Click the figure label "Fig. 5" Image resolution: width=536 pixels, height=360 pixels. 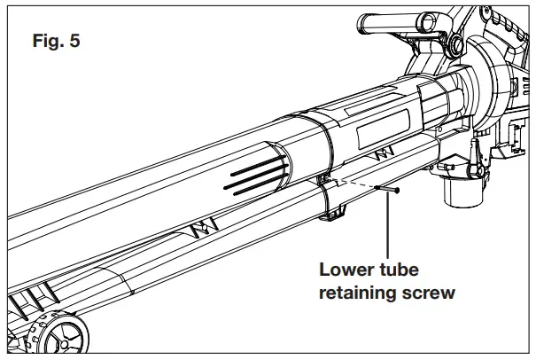pyautogui.click(x=55, y=42)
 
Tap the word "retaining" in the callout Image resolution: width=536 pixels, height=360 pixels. pyautogui.click(x=360, y=293)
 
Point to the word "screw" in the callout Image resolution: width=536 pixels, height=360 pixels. pyautogui.click(x=429, y=293)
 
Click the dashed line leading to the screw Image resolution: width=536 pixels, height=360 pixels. pyautogui.click(x=354, y=184)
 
